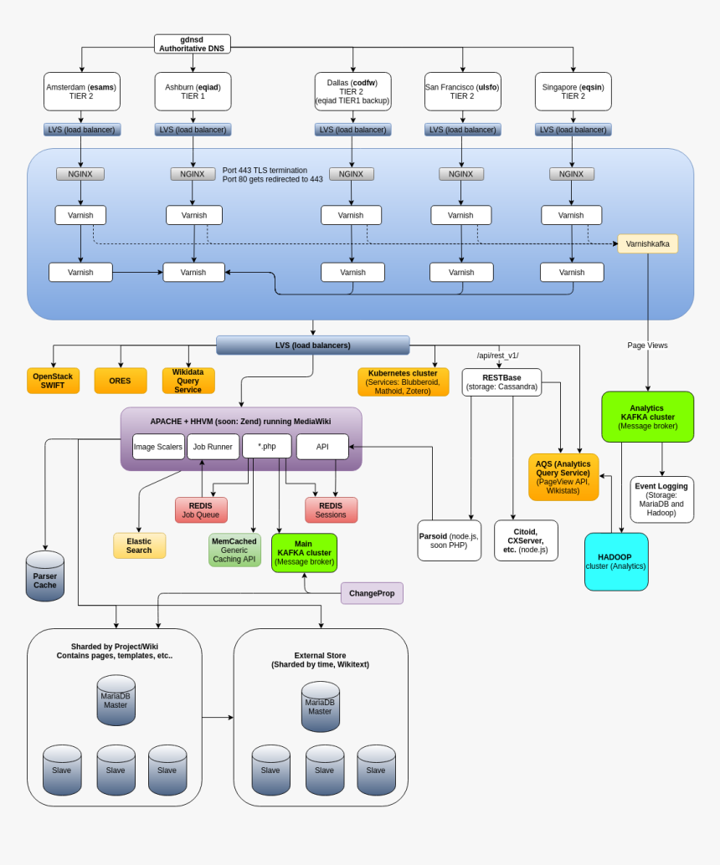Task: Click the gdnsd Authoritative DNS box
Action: click(192, 44)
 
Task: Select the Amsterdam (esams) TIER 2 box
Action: click(81, 91)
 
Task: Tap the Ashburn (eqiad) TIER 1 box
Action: click(193, 91)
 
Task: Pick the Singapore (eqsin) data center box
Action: click(573, 91)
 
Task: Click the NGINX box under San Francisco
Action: click(460, 174)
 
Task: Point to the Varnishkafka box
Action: click(647, 243)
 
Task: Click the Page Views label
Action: click(647, 345)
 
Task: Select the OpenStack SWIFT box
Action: click(53, 381)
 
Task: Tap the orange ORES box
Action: click(120, 381)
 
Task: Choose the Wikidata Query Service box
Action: click(188, 381)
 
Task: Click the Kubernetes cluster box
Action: click(403, 381)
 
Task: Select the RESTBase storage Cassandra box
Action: click(501, 382)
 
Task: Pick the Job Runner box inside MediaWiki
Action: click(213, 447)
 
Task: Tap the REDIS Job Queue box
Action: click(201, 509)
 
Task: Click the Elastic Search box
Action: click(139, 545)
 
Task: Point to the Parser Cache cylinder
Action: click(44, 577)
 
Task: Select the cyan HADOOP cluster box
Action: click(615, 561)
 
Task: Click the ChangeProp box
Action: click(372, 593)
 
